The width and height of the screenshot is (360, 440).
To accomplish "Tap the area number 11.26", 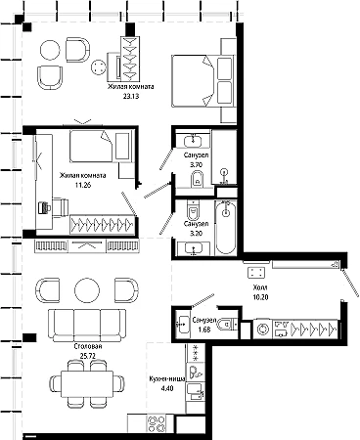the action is (x=83, y=185).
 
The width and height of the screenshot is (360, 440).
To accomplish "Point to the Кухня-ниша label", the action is (x=167, y=379).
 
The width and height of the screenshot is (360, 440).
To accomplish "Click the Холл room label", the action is (x=260, y=287).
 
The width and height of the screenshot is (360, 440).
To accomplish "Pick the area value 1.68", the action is (x=204, y=330).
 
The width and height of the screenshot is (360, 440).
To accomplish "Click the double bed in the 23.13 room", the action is (x=203, y=81).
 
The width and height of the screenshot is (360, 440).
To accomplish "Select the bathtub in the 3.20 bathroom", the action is (x=225, y=227).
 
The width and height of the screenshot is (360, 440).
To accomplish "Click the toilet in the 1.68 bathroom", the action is (x=229, y=324).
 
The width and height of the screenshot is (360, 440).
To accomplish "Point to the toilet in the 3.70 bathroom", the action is (x=197, y=179).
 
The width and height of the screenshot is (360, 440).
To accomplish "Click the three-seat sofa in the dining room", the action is (x=87, y=326).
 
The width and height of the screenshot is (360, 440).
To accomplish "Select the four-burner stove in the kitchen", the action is (x=157, y=423).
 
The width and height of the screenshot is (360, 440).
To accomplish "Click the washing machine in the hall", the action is (x=263, y=329).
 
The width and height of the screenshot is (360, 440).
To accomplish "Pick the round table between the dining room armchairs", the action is (x=87, y=290).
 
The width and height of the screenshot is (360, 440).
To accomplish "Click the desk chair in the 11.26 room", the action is (x=61, y=207).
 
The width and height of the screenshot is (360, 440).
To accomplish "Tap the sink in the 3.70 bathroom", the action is (x=193, y=141).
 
